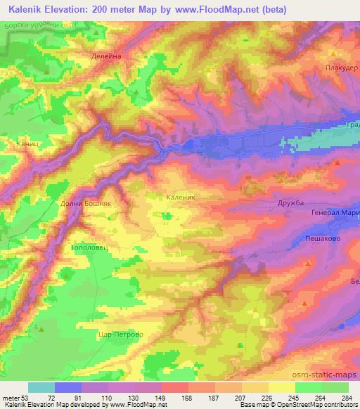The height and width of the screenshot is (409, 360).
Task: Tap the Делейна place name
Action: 107,56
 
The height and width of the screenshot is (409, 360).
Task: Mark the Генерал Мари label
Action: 335,216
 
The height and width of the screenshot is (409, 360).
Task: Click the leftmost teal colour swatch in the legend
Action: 41,387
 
